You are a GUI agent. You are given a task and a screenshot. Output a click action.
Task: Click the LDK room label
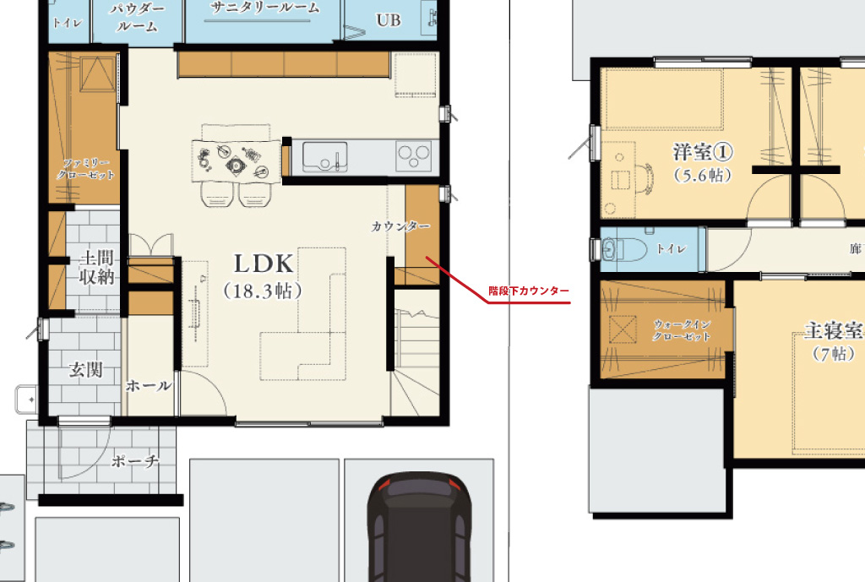[x=264, y=264]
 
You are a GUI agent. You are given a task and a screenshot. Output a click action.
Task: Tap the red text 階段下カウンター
[x=529, y=291]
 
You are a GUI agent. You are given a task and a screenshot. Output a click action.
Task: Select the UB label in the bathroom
[x=389, y=20]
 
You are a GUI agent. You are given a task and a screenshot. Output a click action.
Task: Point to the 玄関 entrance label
[x=85, y=370]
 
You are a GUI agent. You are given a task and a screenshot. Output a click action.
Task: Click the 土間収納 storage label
[x=96, y=268]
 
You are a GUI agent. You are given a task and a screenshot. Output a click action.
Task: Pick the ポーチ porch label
[x=135, y=460]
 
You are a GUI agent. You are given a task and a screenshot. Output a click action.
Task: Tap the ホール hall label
[x=149, y=386]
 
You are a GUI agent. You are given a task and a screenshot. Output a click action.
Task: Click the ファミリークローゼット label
[x=85, y=169]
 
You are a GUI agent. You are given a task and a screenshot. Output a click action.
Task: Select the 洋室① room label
[x=703, y=152]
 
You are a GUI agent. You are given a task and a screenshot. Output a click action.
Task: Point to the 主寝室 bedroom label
[x=834, y=330]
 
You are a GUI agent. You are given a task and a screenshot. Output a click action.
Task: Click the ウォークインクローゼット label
[x=682, y=330]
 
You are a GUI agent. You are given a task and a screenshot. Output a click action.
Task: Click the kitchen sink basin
[x=325, y=156]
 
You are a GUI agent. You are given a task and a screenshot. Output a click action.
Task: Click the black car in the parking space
[x=419, y=527]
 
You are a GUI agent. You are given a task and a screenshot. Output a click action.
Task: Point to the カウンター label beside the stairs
[x=400, y=226]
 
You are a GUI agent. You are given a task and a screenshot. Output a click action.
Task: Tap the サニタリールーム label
[x=264, y=8]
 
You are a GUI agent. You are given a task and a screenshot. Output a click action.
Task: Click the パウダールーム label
[x=137, y=17]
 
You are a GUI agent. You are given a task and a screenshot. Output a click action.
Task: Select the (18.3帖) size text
[x=264, y=291]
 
